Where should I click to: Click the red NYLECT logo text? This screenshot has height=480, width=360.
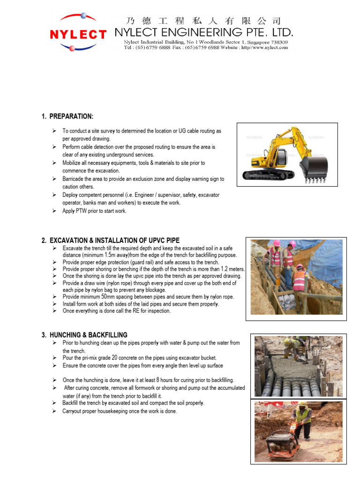pos(78,34)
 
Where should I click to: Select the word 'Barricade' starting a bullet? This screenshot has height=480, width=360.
pos(74,179)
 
